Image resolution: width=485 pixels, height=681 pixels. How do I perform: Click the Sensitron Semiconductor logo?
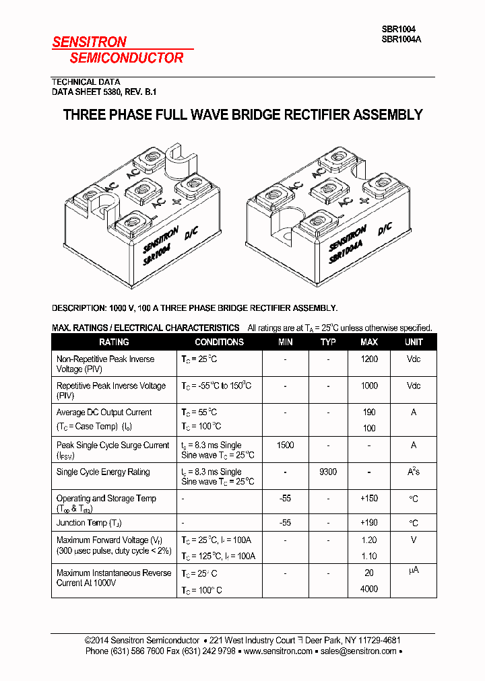(118, 50)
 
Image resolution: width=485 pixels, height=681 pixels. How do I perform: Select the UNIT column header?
(414, 342)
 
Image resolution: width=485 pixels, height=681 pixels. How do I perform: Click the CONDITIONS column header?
(219, 342)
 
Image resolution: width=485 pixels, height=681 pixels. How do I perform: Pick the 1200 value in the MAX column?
(369, 359)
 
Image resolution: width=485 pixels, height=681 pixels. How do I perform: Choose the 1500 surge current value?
(286, 445)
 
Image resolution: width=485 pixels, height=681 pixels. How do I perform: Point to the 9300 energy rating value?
(328, 472)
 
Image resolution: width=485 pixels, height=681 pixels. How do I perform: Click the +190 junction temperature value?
(369, 523)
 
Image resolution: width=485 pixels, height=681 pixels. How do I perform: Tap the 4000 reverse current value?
(369, 589)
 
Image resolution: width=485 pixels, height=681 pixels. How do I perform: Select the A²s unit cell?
(414, 472)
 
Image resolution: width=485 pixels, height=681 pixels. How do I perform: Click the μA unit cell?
(414, 571)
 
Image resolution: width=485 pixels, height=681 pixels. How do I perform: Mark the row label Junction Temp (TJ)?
(89, 523)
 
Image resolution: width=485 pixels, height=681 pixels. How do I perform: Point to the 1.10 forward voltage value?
(369, 557)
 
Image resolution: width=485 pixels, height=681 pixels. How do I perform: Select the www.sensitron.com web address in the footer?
(278, 651)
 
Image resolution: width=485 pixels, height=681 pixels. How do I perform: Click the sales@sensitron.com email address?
(358, 651)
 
